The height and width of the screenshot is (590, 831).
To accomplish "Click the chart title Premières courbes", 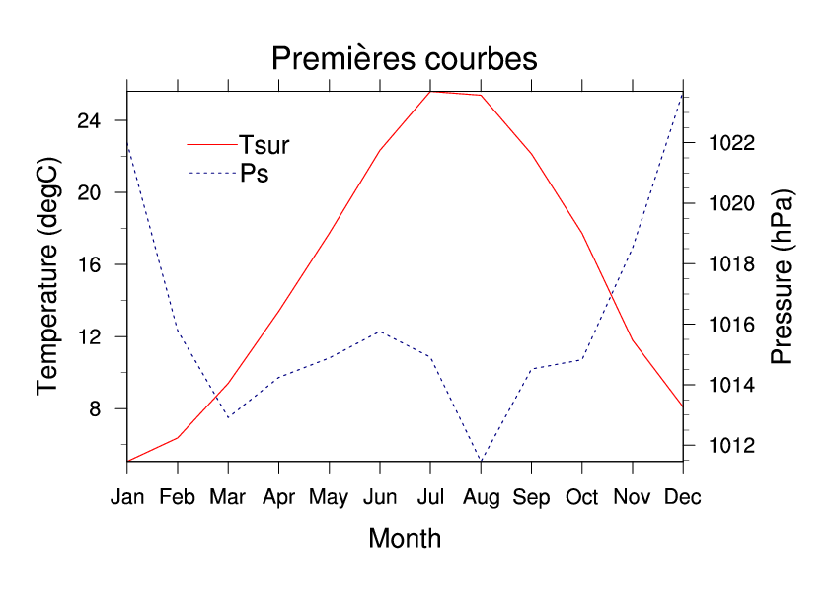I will coord(404,59).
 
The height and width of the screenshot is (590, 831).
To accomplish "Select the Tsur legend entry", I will coord(264,145).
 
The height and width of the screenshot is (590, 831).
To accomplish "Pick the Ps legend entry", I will coord(255,174).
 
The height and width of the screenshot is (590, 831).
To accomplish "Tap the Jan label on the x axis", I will coord(127,497).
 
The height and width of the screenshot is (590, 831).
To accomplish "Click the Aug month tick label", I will coord(481,497).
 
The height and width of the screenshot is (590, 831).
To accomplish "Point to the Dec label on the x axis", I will coord(683,497).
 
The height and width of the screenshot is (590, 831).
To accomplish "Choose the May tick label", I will coord(329,497).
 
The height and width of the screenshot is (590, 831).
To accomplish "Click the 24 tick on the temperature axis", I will coord(90,120).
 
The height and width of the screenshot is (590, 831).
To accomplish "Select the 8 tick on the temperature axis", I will coord(96,408).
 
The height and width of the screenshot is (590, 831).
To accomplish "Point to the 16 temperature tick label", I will coord(90,264).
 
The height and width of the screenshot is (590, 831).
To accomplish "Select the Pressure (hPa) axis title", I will coord(782,277).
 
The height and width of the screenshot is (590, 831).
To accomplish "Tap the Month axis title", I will coord(405,539).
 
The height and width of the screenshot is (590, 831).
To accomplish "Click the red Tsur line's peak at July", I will coord(430,92).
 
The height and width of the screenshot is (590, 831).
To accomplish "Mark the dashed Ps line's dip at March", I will coord(229,417).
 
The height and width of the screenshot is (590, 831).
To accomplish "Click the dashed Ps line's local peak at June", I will coord(380,332).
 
